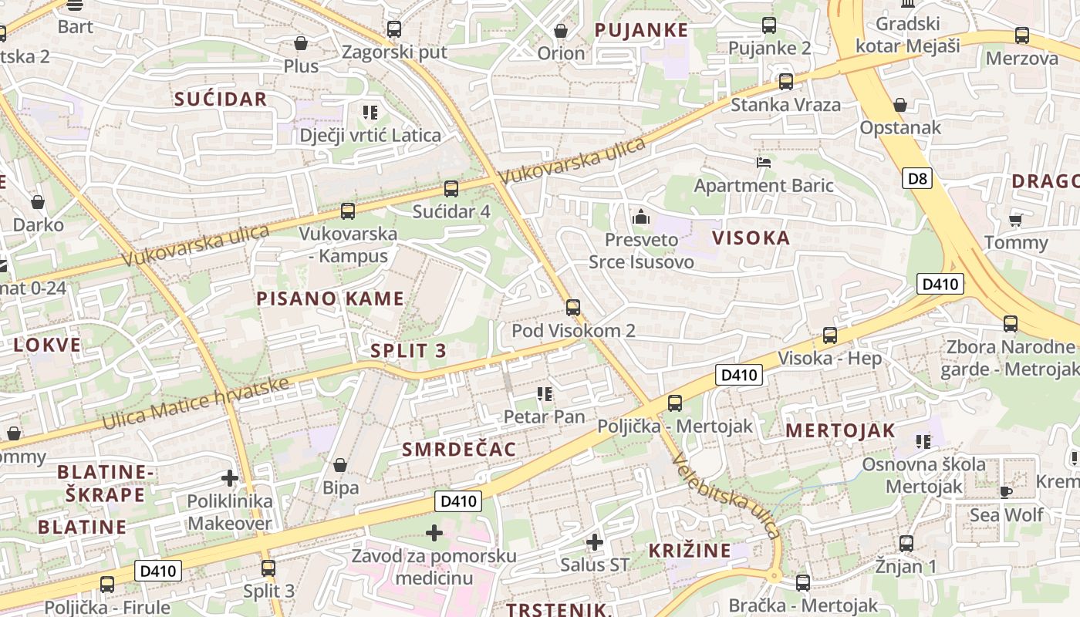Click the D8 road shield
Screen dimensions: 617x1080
[917, 179]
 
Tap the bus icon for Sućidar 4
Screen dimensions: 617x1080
[451, 188]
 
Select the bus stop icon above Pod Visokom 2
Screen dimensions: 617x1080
[572, 308]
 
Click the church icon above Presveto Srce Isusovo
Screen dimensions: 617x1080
[641, 217]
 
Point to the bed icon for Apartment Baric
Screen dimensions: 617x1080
[763, 163]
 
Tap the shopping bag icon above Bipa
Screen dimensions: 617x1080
[340, 465]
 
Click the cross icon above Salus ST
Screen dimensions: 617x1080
[594, 542]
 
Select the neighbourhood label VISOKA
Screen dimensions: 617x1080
[751, 238]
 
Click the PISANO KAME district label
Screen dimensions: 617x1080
[330, 298]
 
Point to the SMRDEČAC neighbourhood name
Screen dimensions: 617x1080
[459, 449]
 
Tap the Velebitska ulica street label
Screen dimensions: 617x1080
[726, 497]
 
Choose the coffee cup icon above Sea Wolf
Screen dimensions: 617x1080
[1006, 491]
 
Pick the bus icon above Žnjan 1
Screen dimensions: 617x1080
[906, 544]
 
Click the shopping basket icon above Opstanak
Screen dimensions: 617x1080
[899, 105]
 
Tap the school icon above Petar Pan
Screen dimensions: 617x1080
[545, 394]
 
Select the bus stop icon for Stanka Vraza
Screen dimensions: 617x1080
[785, 81]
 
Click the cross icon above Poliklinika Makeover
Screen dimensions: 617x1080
[229, 478]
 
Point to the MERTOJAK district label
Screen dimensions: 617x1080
[840, 430]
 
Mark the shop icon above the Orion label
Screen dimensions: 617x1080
[561, 31]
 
